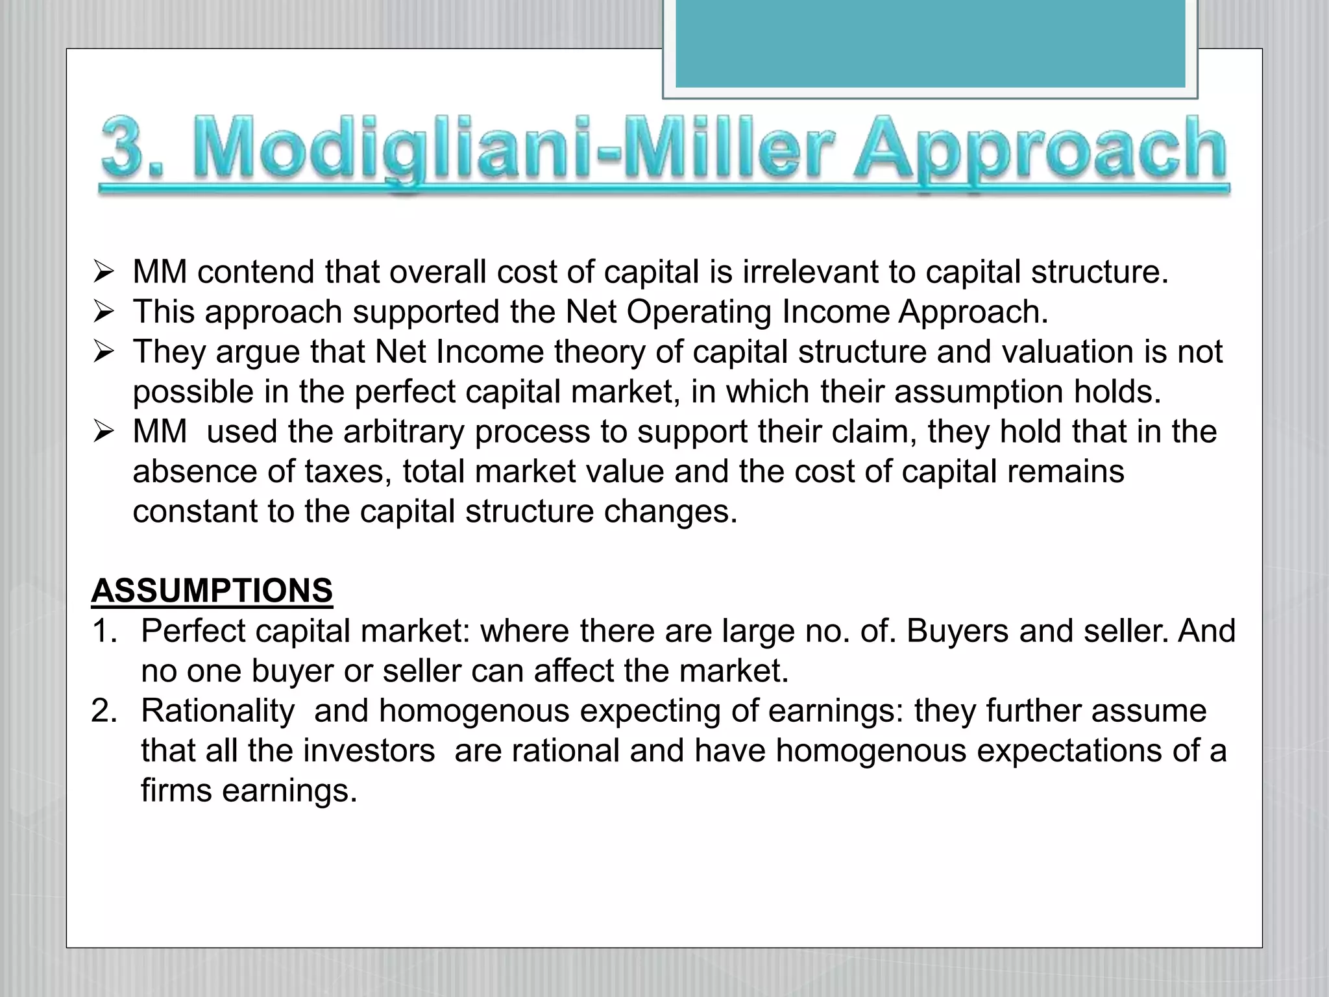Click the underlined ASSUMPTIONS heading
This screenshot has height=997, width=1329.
tap(212, 591)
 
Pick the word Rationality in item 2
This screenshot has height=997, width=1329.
tap(218, 711)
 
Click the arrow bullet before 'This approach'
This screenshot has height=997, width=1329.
tap(103, 312)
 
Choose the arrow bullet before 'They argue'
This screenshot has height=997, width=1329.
tap(103, 352)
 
